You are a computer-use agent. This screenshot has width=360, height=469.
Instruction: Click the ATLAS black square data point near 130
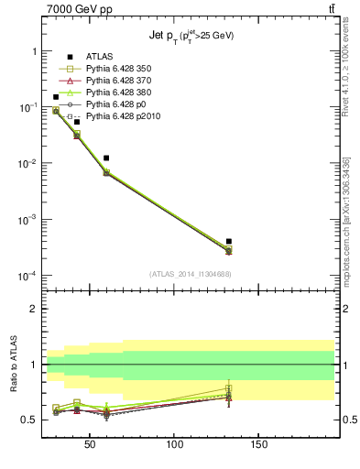click(229, 241)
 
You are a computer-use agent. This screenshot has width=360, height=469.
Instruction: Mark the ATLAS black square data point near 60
click(107, 158)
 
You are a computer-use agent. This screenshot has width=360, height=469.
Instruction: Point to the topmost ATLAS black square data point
click(56, 97)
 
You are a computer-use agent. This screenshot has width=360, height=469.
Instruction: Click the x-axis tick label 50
click(90, 444)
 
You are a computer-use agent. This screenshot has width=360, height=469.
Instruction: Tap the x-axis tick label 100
click(174, 444)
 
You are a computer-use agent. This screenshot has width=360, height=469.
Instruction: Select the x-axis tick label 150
click(258, 444)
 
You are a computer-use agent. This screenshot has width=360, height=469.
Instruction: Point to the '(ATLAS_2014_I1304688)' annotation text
click(188, 273)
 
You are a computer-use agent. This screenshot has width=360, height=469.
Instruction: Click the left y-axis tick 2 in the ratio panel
click(33, 309)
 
